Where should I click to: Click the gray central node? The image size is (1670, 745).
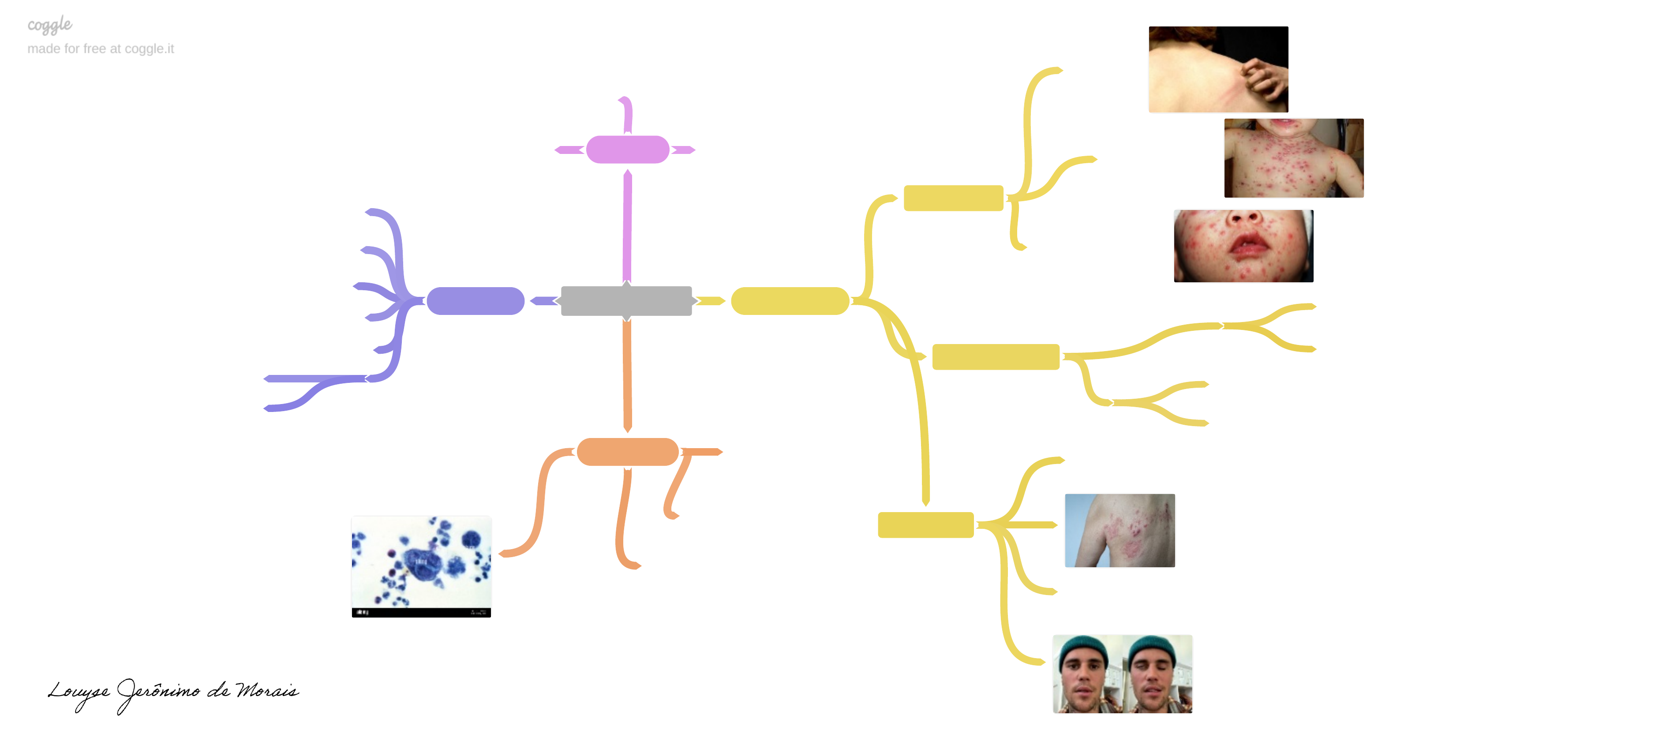(626, 301)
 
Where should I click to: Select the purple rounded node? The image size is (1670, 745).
(475, 301)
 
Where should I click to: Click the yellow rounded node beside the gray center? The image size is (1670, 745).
(790, 301)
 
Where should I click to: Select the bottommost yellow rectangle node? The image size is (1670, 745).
(925, 524)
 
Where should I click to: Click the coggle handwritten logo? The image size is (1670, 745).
(50, 25)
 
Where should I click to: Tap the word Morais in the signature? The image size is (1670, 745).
(267, 690)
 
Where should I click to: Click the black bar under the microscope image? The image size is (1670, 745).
(421, 612)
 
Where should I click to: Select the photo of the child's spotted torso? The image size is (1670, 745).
(1293, 158)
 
